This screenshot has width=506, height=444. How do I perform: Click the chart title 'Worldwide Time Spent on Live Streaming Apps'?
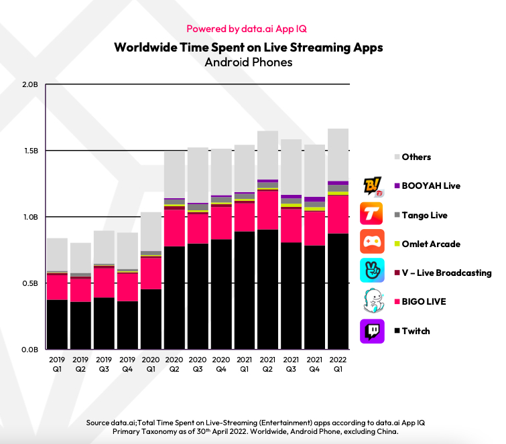coord(249,48)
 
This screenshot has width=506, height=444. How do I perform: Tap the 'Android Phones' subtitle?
coord(249,62)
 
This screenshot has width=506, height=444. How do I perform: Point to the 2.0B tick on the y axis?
coord(31,85)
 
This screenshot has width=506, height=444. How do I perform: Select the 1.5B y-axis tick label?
coord(31,151)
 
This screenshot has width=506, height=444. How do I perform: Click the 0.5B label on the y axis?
coord(31,283)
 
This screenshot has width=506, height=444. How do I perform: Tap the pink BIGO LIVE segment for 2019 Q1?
coord(57,287)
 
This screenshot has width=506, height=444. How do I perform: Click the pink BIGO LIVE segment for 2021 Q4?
coord(314,228)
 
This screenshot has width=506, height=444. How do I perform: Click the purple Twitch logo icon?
coord(372,331)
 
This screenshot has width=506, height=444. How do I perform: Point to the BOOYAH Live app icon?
coord(372,186)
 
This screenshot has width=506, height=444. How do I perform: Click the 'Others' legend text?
coord(416,157)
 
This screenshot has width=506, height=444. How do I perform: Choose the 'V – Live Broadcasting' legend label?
coord(446,273)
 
